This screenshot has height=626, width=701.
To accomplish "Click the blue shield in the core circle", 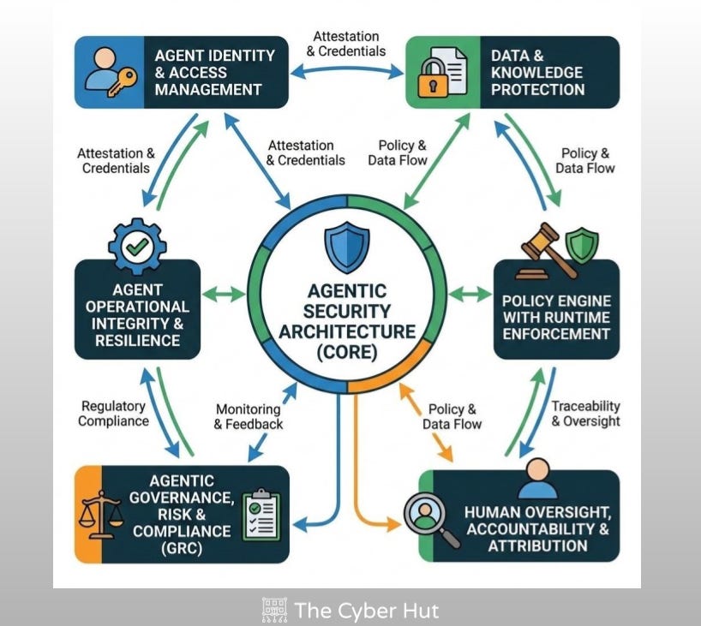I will (346, 247).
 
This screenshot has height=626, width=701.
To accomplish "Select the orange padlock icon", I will (430, 80).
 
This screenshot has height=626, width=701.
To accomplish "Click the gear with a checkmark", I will (135, 247).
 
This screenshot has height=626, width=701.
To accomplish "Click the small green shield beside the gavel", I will (582, 243).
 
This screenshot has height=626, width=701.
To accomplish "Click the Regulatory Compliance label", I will (114, 414).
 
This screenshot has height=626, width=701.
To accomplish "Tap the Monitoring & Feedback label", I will (248, 417).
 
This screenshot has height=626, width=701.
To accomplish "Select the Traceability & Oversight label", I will (585, 414).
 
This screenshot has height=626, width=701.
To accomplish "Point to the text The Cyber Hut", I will (366, 610).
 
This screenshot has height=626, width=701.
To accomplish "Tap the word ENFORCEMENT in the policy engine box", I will (555, 334).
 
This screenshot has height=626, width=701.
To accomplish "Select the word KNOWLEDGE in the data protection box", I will (537, 72).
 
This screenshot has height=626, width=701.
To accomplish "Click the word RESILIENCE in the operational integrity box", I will (138, 341).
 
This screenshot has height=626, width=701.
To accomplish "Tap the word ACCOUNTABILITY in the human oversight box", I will (538, 528).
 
